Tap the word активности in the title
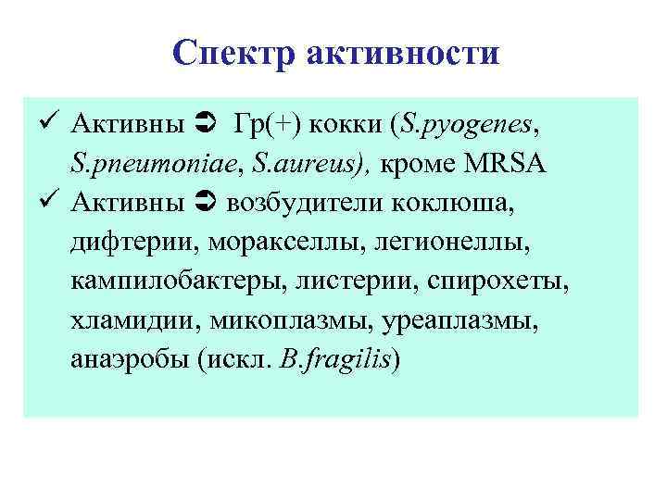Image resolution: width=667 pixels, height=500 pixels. pyautogui.click(x=401, y=52)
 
